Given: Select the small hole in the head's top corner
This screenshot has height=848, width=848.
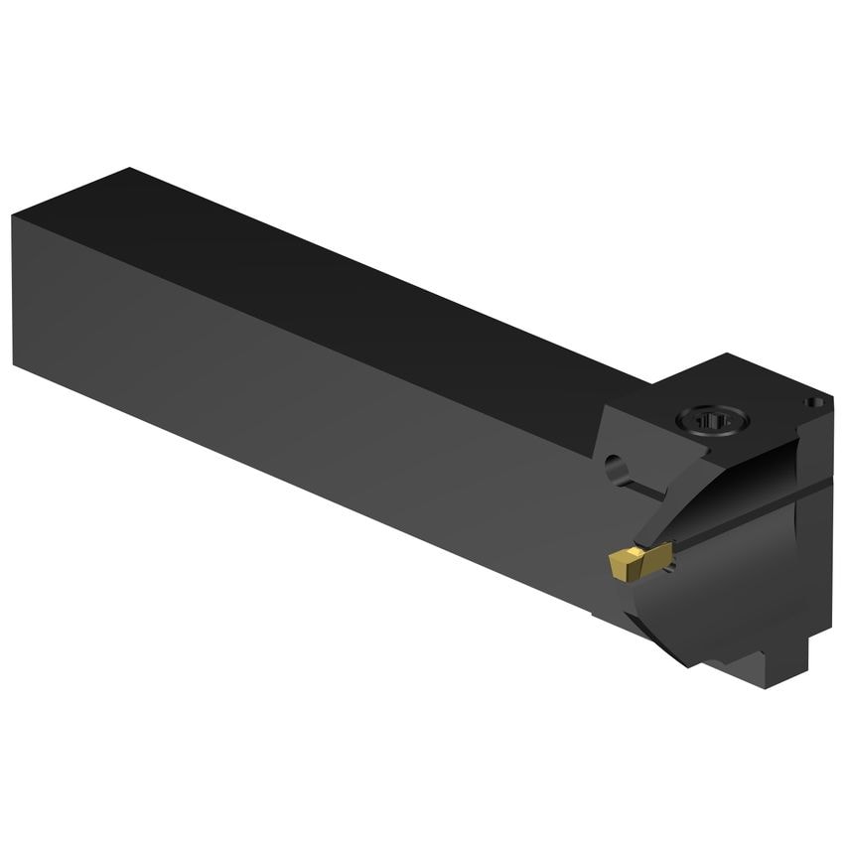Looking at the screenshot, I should click(813, 402).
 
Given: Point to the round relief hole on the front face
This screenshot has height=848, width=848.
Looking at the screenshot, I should click(615, 464).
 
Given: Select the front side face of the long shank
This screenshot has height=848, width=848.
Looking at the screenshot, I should click(298, 417).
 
